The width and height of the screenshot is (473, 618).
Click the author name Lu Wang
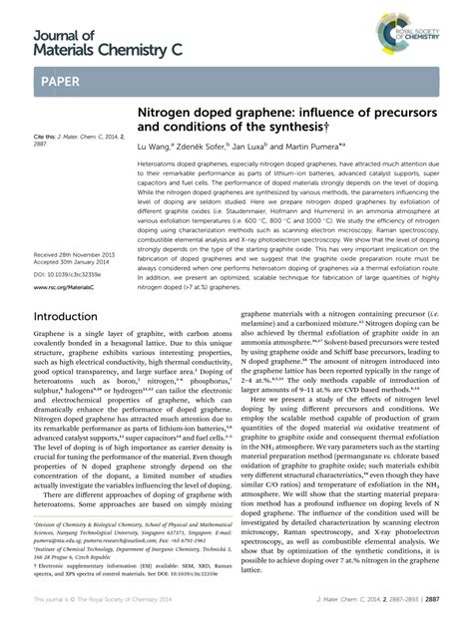point(155,145)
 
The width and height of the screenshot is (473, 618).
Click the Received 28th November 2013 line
point(74,253)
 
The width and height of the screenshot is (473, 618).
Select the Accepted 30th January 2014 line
point(72,261)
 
